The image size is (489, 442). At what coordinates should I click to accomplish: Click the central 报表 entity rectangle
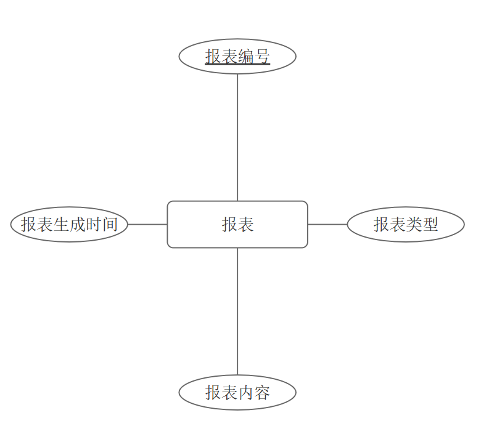click(237, 224)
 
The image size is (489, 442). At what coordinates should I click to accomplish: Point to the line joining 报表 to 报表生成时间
click(147, 224)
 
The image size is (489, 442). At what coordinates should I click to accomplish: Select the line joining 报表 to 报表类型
click(327, 224)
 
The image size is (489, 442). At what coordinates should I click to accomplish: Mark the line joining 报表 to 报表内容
click(237, 311)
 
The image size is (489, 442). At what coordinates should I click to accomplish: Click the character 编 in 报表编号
click(245, 57)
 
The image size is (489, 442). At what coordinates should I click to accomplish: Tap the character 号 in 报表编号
click(262, 57)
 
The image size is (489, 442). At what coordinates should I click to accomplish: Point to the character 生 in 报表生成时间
click(61, 224)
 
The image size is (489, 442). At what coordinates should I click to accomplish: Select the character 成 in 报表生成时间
click(77, 224)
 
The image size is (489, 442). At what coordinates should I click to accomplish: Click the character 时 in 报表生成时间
click(94, 224)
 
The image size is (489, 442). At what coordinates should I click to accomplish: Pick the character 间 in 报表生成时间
click(110, 224)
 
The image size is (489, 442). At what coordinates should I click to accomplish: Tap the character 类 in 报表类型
click(414, 224)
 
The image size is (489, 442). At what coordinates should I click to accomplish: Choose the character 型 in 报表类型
click(430, 224)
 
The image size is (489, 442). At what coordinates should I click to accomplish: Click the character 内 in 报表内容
click(245, 392)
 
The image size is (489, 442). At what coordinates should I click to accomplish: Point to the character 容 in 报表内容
click(262, 392)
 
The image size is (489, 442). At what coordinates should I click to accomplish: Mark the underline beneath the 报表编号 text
click(237, 65)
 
